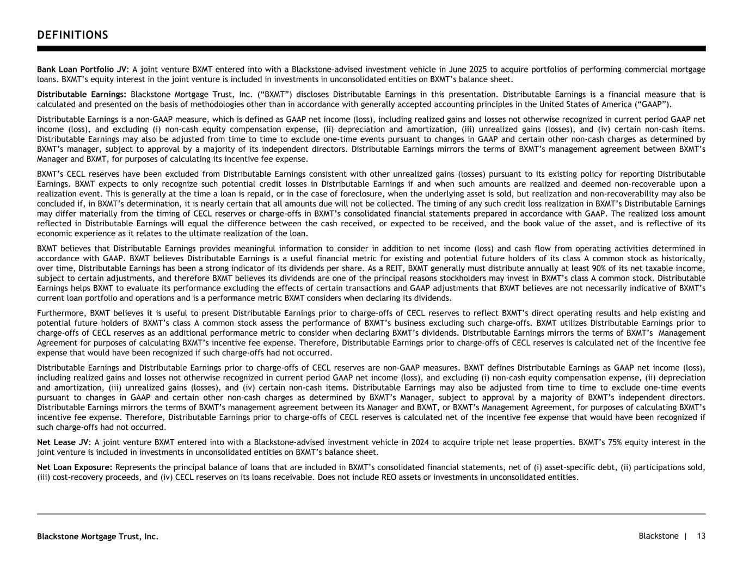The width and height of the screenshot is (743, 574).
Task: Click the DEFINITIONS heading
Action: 72,35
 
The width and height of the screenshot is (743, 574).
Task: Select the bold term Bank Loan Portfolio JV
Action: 82,70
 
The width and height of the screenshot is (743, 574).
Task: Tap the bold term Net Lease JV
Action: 63,442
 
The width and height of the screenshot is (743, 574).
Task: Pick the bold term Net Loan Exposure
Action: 75,467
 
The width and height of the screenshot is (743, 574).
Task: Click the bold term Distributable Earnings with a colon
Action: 82,95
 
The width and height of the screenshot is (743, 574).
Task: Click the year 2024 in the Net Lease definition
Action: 420,442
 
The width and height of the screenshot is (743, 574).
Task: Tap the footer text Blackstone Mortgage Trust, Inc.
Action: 98,536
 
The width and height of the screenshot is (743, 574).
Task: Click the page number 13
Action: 701,536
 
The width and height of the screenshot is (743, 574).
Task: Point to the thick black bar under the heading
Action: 371,48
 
